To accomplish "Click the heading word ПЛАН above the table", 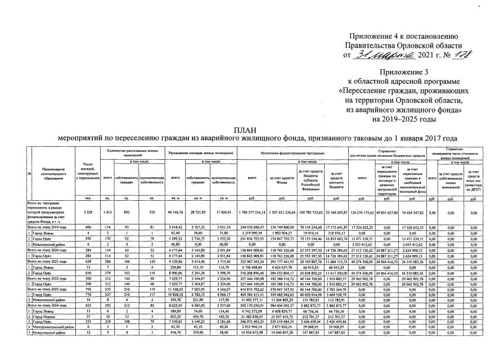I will pos(251,129).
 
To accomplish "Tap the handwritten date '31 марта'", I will pos(381,55).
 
